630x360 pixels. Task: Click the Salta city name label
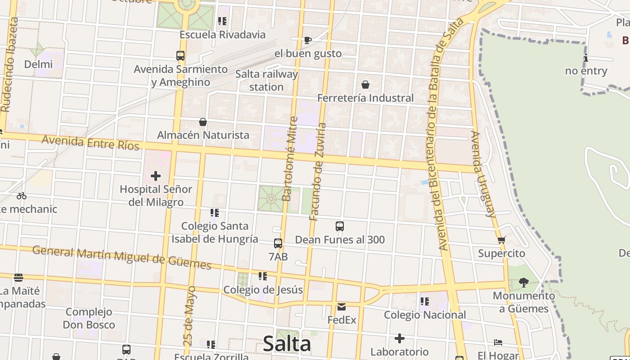[287, 344]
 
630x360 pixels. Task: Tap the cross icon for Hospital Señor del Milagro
[156, 176]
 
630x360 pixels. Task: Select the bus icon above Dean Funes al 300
[340, 226]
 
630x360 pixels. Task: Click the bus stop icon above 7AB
[278, 243]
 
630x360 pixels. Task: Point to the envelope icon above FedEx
[342, 307]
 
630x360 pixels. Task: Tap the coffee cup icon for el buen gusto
[308, 40]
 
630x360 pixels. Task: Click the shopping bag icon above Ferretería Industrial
[365, 85]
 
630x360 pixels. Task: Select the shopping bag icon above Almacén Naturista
[203, 122]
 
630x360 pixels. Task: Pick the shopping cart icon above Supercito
[502, 240]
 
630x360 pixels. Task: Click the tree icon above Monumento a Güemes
[523, 283]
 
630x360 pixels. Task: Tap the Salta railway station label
[267, 81]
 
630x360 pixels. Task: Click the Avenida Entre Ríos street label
[90, 143]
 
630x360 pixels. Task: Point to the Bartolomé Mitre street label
[290, 158]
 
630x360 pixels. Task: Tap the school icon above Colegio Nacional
[425, 301]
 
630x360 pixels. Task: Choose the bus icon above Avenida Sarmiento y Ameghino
[180, 56]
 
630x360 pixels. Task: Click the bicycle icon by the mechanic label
[22, 196]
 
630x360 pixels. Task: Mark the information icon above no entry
[585, 58]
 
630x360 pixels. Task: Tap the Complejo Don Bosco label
[89, 318]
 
